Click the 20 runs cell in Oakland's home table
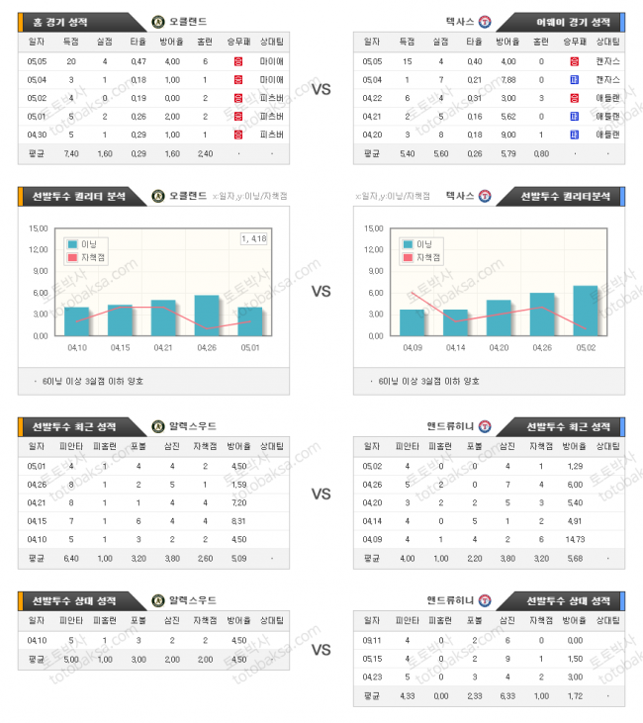coord(71,61)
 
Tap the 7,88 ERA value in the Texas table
coord(507,80)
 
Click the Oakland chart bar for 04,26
coord(207,316)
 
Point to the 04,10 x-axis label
coord(76,347)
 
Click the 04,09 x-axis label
coord(413,347)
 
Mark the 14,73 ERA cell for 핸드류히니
coord(575,540)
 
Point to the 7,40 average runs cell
coord(71,153)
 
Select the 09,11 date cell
coord(373,640)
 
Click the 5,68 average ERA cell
coord(575,559)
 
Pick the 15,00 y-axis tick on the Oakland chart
coord(40,228)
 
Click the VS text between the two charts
coord(321,292)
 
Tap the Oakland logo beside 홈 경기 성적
coord(158,21)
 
